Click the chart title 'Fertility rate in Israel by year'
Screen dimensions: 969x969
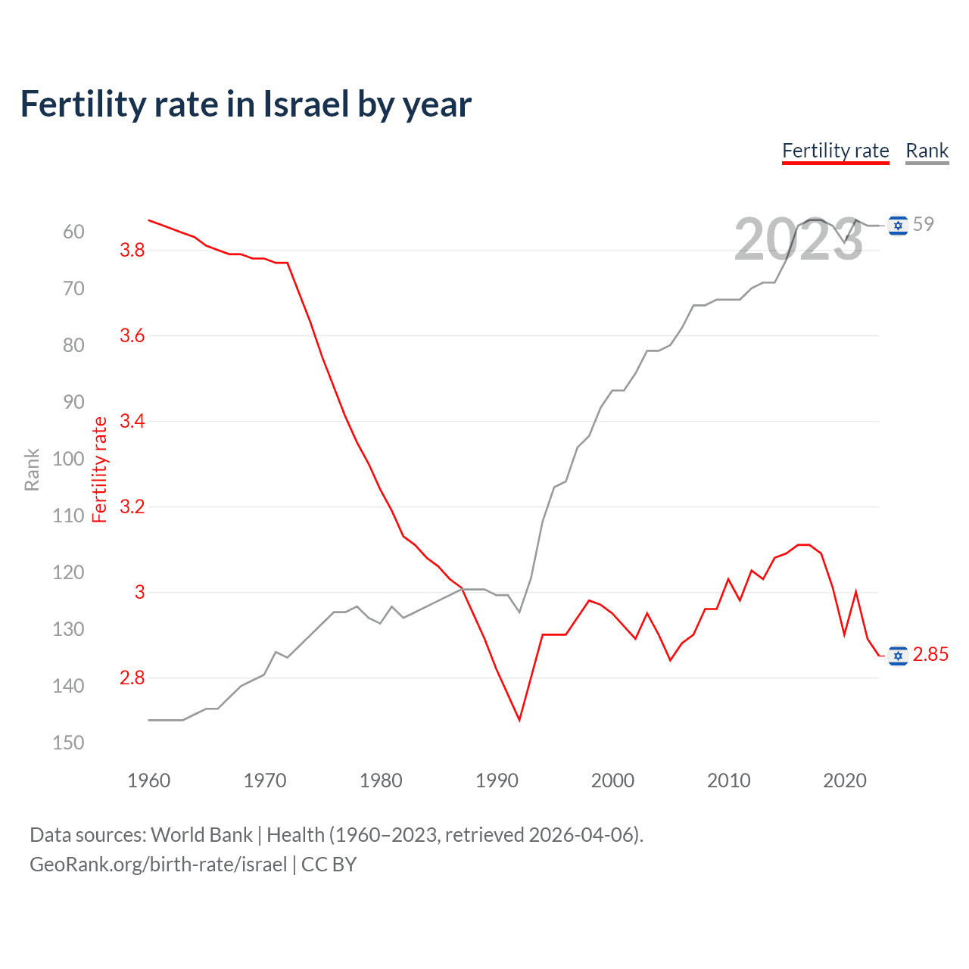[x=246, y=104]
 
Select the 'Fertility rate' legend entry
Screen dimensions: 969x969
[x=835, y=151]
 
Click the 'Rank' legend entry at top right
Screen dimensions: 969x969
[x=927, y=151]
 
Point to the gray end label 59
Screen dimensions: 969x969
[x=924, y=224]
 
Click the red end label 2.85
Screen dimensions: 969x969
[x=930, y=654]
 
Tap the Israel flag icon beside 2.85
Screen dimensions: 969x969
[x=898, y=655]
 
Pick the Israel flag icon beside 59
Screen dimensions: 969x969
[x=898, y=225]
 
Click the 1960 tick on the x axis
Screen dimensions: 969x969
[x=148, y=780]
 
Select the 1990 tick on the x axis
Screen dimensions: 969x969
[x=497, y=780]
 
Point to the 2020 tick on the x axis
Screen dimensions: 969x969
[x=844, y=780]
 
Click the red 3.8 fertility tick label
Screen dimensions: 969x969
[x=132, y=250]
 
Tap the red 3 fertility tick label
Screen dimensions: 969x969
[x=139, y=592]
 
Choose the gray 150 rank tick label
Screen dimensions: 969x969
[x=68, y=743]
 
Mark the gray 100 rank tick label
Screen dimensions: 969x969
[x=68, y=459]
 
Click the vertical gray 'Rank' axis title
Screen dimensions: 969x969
[x=32, y=469]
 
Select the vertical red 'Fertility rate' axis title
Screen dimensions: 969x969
[x=99, y=469]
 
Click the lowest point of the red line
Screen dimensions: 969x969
[x=519, y=719]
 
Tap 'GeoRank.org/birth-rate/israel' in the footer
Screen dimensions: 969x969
[x=158, y=865]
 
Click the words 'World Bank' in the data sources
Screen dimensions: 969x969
[x=201, y=835]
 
